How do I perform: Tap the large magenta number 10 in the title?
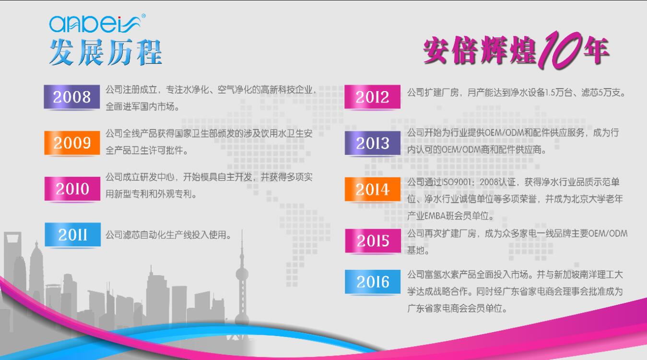click(560, 50)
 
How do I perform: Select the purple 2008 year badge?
click(72, 97)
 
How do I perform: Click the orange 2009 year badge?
click(72, 143)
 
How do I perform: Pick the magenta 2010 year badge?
click(72, 188)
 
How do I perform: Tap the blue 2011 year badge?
click(73, 234)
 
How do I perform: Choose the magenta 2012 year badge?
click(372, 97)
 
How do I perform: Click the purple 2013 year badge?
click(373, 143)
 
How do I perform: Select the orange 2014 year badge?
click(373, 189)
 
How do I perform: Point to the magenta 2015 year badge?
click(373, 241)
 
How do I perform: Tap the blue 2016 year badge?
click(373, 282)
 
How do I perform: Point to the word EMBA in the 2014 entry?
click(435, 216)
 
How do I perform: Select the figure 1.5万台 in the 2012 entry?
click(559, 93)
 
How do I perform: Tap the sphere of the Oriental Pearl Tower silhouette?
click(242, 274)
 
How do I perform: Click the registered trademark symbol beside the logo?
click(143, 16)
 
